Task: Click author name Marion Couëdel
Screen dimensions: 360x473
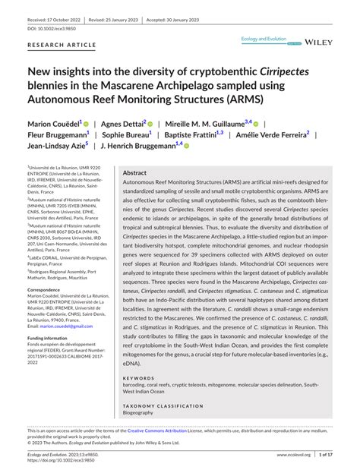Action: pyautogui.click(x=57, y=123)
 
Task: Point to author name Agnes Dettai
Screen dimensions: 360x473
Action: pyautogui.click(x=122, y=123)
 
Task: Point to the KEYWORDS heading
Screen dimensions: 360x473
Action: pyautogui.click(x=139, y=377)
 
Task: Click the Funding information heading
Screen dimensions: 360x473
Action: pyautogui.click(x=52, y=337)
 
